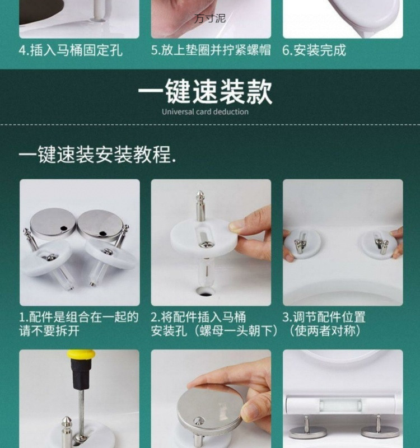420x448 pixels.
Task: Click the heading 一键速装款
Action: point(205,91)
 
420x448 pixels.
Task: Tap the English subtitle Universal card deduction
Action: point(205,111)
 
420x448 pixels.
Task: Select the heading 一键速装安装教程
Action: point(97,155)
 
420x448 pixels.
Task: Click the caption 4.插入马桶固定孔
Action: point(71,50)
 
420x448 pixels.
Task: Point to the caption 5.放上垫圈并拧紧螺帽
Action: point(211,50)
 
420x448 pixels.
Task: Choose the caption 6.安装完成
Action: point(314,50)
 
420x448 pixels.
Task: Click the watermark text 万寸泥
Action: point(210,18)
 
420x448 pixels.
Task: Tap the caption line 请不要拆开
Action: point(49,331)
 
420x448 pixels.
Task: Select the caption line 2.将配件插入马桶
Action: point(198,317)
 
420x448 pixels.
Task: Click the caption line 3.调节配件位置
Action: point(324,317)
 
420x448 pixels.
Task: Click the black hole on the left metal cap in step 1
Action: point(63,228)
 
